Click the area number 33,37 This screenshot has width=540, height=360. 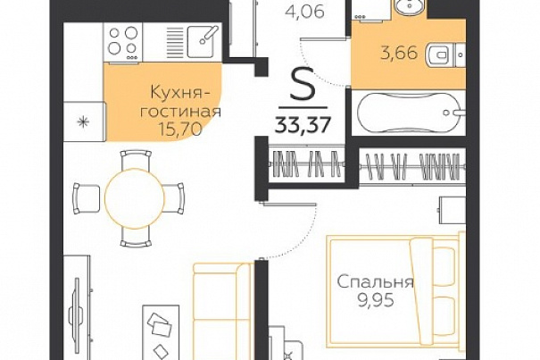tap(303, 125)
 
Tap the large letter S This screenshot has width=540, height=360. tap(303, 83)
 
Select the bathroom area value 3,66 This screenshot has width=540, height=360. tap(399, 54)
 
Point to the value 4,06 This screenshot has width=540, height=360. tap(304, 12)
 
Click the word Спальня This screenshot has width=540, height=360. tap(375, 283)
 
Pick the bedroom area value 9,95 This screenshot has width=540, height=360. tap(376, 301)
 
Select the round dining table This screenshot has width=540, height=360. tap(134, 198)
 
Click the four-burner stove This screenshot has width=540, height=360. tap(122, 42)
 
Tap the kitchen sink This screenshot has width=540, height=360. tap(204, 41)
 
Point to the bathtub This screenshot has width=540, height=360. tap(409, 113)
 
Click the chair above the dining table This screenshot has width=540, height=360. tap(136, 159)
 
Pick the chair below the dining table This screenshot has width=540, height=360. tap(136, 237)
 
